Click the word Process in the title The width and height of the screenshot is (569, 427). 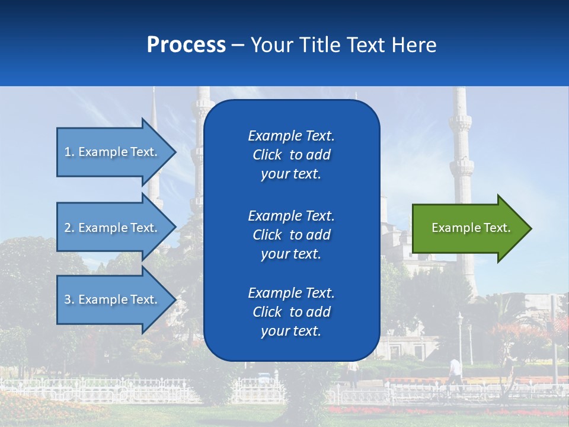186,45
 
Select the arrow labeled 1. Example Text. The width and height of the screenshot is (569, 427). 111,152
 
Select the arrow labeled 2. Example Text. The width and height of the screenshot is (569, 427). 111,228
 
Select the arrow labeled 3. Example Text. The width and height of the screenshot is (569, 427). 111,299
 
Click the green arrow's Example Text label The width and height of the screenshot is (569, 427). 471,228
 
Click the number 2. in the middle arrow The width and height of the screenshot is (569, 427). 69,228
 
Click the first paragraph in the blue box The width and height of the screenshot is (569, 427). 291,155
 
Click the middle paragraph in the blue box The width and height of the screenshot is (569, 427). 291,234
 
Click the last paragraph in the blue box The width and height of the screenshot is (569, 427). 291,312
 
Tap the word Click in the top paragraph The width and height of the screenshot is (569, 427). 267,155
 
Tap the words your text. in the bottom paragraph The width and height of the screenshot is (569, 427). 290,332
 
